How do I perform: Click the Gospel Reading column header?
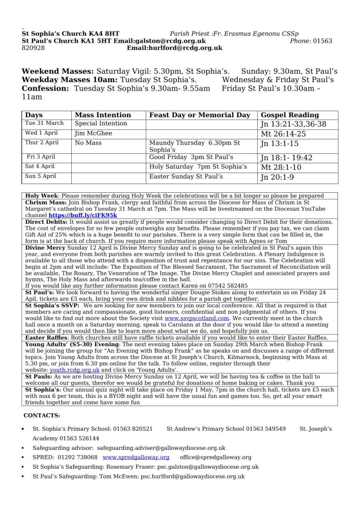(x=289, y=115)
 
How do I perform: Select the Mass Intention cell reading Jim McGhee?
(x=93, y=133)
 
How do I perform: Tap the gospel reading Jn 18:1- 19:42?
(x=286, y=158)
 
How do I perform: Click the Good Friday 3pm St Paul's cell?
(x=191, y=157)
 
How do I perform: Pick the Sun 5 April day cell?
(x=41, y=176)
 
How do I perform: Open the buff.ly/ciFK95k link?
(x=82, y=215)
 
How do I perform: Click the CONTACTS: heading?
(x=42, y=415)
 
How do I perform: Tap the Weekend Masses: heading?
(x=58, y=71)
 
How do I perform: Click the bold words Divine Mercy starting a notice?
(x=45, y=247)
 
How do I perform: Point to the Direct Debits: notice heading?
(x=46, y=221)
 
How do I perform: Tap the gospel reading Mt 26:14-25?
(x=281, y=134)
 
